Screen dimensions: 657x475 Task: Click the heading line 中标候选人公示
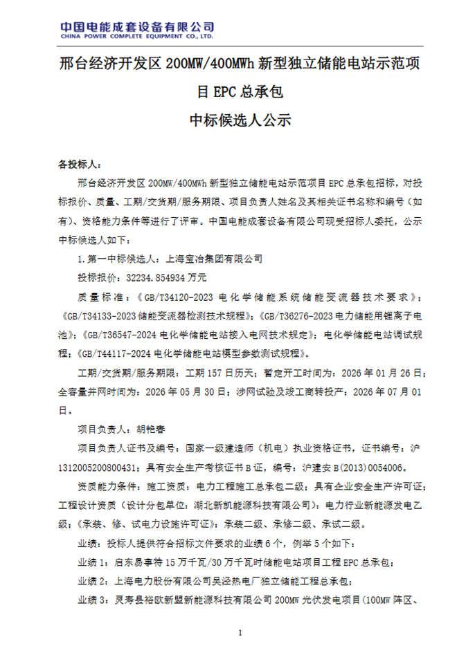tap(237, 120)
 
